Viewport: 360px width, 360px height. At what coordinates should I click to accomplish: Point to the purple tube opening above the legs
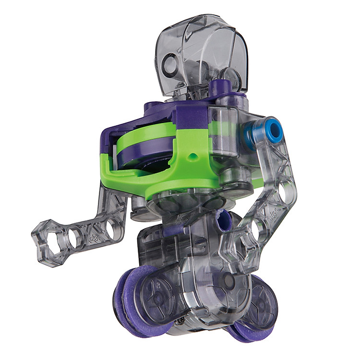coord(224,224)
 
